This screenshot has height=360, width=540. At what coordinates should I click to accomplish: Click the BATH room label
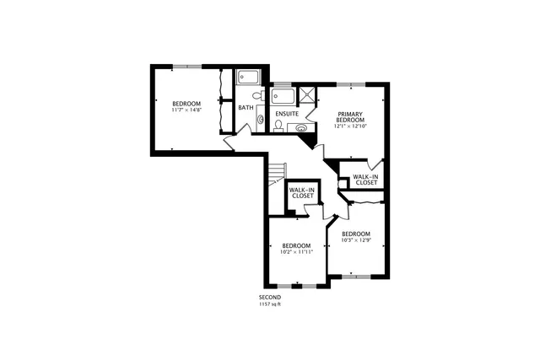pos(246,108)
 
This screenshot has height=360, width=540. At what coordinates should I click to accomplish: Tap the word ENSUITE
pos(286,113)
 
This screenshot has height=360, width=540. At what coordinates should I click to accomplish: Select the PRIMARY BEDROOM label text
pos(350,117)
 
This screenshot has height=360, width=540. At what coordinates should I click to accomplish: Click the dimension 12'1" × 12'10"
pos(350,127)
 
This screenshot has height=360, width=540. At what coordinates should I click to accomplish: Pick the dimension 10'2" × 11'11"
pos(296,251)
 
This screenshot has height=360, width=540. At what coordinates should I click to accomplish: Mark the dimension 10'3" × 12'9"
pos(355,239)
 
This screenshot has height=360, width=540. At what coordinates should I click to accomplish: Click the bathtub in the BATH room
pos(248,78)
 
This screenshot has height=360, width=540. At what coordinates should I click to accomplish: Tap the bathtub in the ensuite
pos(283,94)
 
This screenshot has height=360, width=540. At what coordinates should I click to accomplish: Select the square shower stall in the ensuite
pos(307,94)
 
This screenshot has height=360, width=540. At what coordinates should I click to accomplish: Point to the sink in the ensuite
pos(301,128)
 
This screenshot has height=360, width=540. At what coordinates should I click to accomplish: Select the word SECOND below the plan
pos(270,298)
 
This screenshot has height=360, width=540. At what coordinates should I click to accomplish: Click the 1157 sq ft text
pos(270,304)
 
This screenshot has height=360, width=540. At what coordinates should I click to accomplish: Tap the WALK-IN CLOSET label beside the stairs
pos(302,193)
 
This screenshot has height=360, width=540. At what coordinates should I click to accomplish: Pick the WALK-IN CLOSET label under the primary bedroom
pos(365,180)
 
